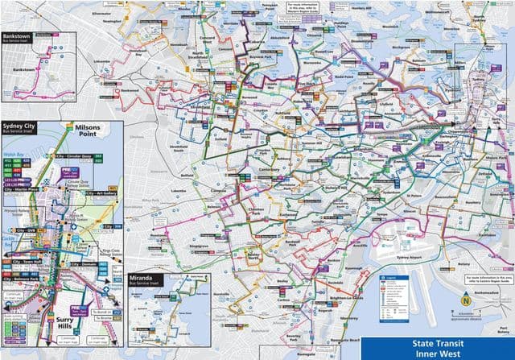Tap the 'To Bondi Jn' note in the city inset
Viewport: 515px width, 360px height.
click(101, 310)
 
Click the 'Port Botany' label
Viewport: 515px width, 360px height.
click(502, 329)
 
